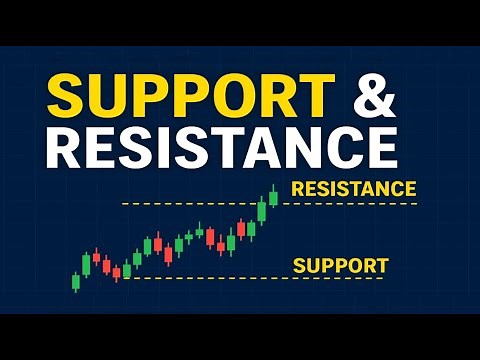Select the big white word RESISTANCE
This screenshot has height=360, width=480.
point(221,145)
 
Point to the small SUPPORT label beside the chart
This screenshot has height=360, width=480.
point(340,266)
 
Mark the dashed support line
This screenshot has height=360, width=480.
point(250,279)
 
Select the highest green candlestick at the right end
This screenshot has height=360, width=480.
point(273,197)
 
